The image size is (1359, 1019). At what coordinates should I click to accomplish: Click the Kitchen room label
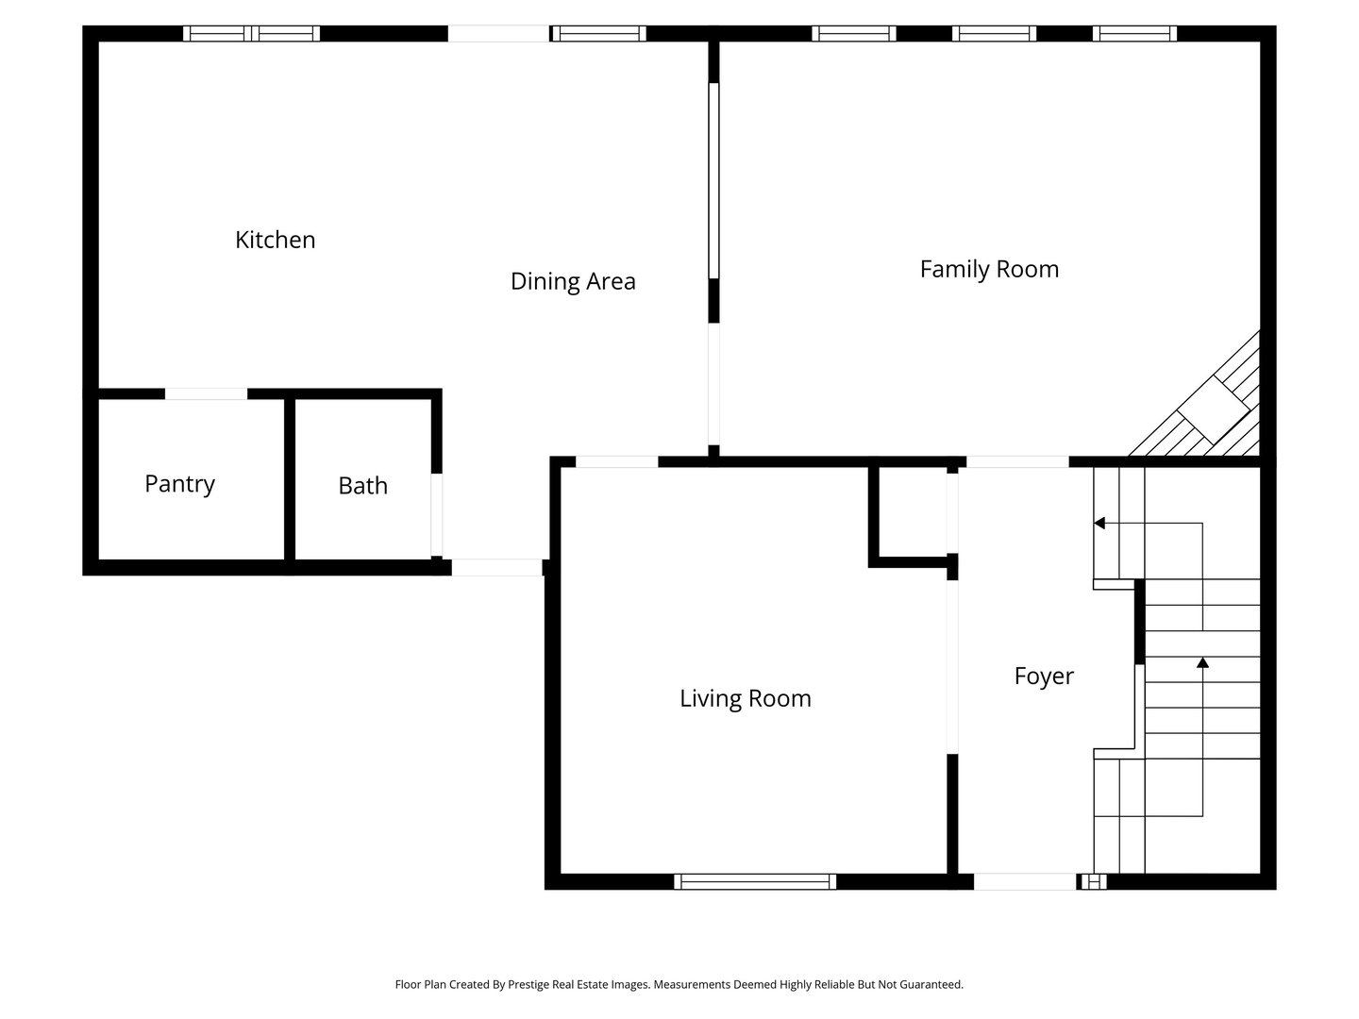click(x=275, y=240)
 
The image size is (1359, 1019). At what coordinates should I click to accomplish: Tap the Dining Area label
click(x=573, y=281)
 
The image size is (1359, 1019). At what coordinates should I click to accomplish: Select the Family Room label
click(x=989, y=270)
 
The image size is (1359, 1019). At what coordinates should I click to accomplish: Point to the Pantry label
click(x=179, y=484)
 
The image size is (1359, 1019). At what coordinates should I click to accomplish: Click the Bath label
click(x=362, y=486)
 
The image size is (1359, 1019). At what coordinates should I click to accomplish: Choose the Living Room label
click(x=746, y=699)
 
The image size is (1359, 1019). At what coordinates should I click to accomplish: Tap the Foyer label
click(x=1044, y=677)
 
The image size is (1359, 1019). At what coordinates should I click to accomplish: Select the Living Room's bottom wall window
click(x=755, y=881)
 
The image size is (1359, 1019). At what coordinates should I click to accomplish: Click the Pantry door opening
click(x=206, y=394)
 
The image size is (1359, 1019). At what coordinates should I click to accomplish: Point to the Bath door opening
click(x=437, y=515)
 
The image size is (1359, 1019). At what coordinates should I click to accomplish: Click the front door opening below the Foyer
click(x=1025, y=881)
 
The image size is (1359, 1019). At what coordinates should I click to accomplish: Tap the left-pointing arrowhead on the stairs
click(x=1099, y=524)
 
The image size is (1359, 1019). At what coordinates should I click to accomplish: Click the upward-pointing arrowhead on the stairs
click(x=1202, y=662)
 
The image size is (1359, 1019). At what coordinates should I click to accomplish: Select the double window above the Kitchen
click(x=251, y=33)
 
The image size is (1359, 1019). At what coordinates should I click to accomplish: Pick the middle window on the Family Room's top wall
click(x=994, y=33)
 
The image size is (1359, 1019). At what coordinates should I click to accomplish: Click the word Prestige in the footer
click(x=528, y=985)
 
